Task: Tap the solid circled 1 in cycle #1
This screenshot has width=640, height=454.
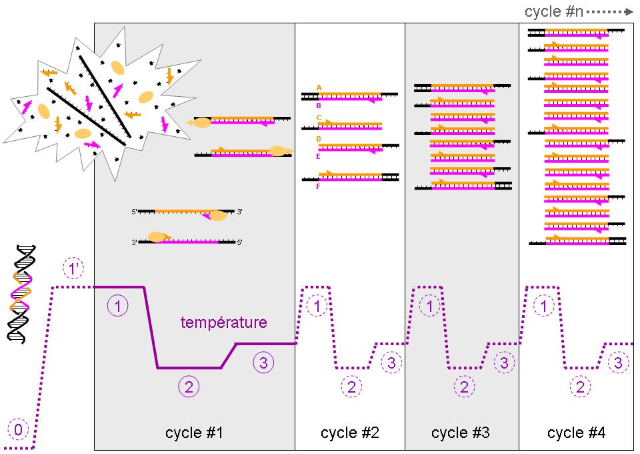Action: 117,306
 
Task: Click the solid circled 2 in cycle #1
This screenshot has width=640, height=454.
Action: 189,386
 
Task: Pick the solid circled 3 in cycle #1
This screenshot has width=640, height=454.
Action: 264,363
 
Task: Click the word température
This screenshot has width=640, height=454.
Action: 224,322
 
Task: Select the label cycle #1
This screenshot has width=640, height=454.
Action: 194,433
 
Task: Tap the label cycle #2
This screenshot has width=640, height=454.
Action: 350,433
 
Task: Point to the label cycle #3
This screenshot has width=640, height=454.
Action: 461,433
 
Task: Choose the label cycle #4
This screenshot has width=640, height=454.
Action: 577,433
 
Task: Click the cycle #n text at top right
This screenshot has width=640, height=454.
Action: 554,12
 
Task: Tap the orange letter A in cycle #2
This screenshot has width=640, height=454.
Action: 319,87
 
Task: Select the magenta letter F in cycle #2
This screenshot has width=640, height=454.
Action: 319,186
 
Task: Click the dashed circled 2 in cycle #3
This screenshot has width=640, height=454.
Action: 464,386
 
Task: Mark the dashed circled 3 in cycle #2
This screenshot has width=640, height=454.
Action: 391,363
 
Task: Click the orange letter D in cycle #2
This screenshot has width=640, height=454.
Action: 319,139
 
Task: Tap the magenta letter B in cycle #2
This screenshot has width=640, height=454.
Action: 319,105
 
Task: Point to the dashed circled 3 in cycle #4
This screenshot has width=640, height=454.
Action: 619,363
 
